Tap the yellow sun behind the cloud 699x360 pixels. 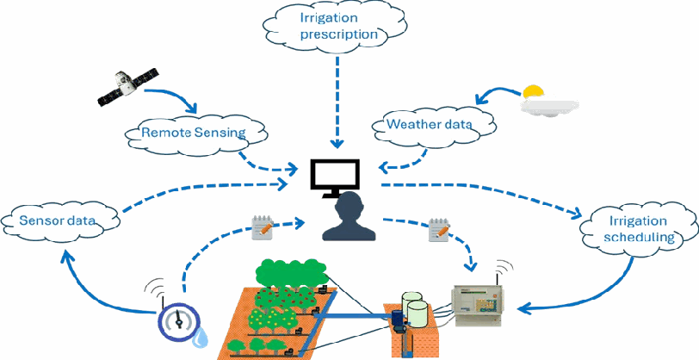534,91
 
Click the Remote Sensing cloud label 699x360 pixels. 194,133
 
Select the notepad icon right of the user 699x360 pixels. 439,229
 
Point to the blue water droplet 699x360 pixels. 200,338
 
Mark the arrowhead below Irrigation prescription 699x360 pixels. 337,144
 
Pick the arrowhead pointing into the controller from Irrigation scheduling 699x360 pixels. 524,307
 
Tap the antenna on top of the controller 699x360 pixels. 497,276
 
